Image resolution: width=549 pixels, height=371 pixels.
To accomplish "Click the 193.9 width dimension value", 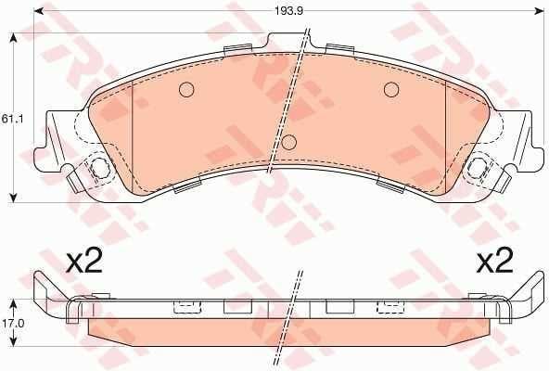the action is click(288, 11).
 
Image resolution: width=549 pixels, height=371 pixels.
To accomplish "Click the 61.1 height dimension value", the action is click(12, 119).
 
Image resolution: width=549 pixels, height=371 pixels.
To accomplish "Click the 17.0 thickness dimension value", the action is click(12, 323).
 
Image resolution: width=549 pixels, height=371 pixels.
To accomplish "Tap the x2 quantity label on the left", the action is click(84, 261).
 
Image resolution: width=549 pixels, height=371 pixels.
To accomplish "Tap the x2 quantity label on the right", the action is click(495, 261).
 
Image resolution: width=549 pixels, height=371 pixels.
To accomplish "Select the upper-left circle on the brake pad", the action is click(186, 90).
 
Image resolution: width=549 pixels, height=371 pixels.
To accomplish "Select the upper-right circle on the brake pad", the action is click(391, 90).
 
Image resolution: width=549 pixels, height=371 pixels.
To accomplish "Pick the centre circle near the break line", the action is click(288, 142).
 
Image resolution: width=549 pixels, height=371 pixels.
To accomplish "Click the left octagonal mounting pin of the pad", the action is click(99, 167).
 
